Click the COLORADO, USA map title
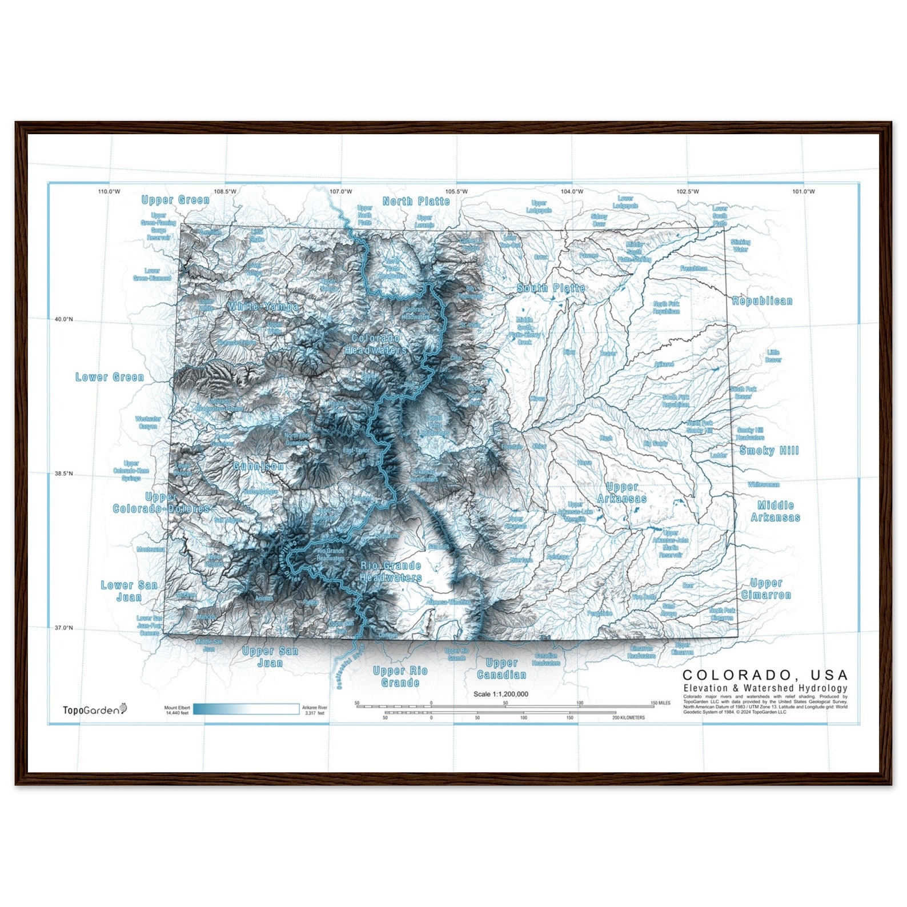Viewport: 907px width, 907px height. click(x=765, y=675)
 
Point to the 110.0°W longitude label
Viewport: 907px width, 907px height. click(x=109, y=191)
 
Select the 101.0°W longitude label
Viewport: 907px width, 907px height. click(x=803, y=191)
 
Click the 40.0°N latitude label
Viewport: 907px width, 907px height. click(x=63, y=319)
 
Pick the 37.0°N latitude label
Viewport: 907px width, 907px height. click(x=63, y=628)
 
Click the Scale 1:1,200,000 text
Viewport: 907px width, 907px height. click(x=500, y=694)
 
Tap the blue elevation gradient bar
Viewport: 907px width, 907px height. click(x=246, y=709)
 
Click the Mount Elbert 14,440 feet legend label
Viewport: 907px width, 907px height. click(x=177, y=710)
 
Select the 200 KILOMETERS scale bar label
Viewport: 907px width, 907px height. click(x=628, y=717)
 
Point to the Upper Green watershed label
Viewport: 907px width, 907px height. click(x=175, y=200)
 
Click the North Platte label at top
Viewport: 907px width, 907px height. click(x=416, y=201)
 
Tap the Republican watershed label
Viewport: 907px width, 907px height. click(x=762, y=301)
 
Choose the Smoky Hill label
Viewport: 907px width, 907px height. click(x=769, y=451)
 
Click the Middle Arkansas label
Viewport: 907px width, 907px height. click(x=775, y=511)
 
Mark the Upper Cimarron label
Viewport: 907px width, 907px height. click(x=766, y=589)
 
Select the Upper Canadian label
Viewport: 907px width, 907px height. click(x=501, y=669)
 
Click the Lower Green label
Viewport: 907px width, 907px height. click(x=110, y=377)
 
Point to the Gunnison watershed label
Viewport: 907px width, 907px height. click(x=258, y=467)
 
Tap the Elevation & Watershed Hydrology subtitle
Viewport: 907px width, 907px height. click(x=765, y=688)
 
